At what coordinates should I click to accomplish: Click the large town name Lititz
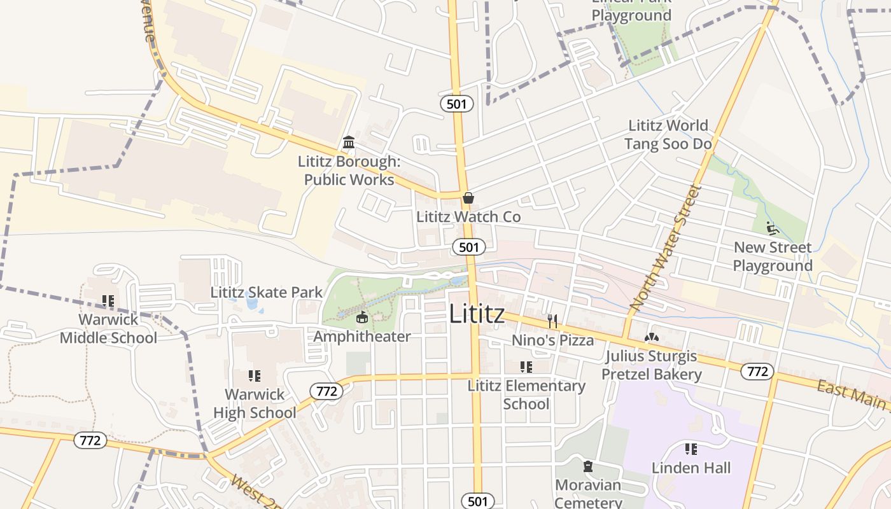click(x=477, y=314)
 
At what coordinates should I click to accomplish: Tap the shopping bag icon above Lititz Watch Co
click(x=468, y=198)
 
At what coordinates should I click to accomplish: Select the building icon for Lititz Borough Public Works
click(x=349, y=142)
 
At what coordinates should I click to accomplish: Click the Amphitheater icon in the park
click(x=362, y=317)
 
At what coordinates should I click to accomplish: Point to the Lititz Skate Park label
click(x=267, y=293)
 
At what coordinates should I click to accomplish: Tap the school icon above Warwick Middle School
click(x=108, y=300)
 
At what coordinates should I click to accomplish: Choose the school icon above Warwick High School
click(x=255, y=376)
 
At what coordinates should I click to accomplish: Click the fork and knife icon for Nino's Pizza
click(x=552, y=321)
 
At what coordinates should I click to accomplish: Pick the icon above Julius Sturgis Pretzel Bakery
click(x=652, y=338)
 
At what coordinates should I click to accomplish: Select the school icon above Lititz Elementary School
click(x=526, y=367)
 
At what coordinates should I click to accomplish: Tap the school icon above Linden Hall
click(x=691, y=449)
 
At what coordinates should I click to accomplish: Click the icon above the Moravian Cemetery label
click(x=588, y=467)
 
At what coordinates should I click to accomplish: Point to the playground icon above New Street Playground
click(x=773, y=228)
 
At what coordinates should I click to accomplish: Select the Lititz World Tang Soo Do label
click(x=668, y=134)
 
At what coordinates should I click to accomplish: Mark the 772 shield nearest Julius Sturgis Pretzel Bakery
click(x=757, y=371)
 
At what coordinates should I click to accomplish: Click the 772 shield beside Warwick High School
click(x=326, y=391)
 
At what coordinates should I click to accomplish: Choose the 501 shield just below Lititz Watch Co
click(x=469, y=247)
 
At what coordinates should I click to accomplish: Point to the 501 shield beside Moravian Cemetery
click(x=477, y=501)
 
